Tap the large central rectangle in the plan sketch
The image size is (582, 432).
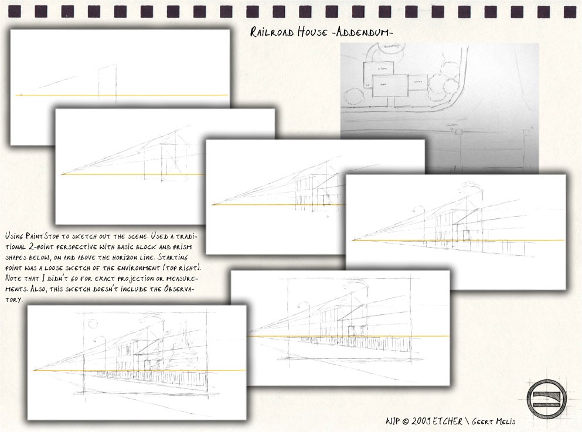tap(390, 85)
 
